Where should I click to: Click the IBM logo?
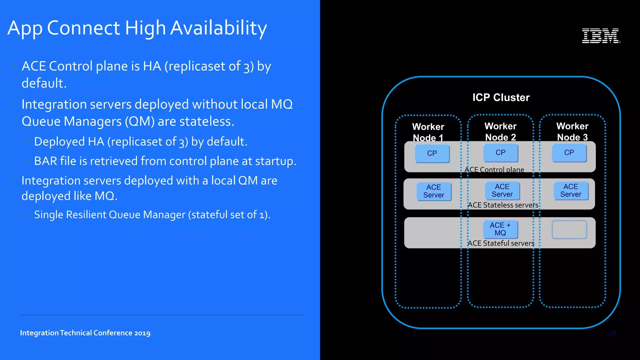coord(601,36)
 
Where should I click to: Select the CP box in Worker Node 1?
coord(432,153)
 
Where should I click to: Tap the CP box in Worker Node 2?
coord(500,152)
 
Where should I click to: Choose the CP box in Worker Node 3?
coord(569,152)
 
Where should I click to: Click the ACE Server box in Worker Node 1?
coord(434,191)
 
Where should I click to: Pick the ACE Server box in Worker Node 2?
coord(502,190)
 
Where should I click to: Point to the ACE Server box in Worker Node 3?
coord(571,190)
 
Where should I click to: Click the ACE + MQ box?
coord(500,229)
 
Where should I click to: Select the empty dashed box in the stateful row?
coord(569,230)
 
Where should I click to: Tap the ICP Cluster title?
coord(501,97)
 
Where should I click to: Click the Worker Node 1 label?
coord(428,132)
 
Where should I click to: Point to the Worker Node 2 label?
coord(500,132)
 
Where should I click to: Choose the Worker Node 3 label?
coord(572,132)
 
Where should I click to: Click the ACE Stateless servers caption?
coord(503,205)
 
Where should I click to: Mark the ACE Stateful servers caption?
coord(501,243)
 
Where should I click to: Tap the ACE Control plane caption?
coord(494,170)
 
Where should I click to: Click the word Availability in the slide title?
coord(218,28)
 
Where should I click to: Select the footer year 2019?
coord(142,333)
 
